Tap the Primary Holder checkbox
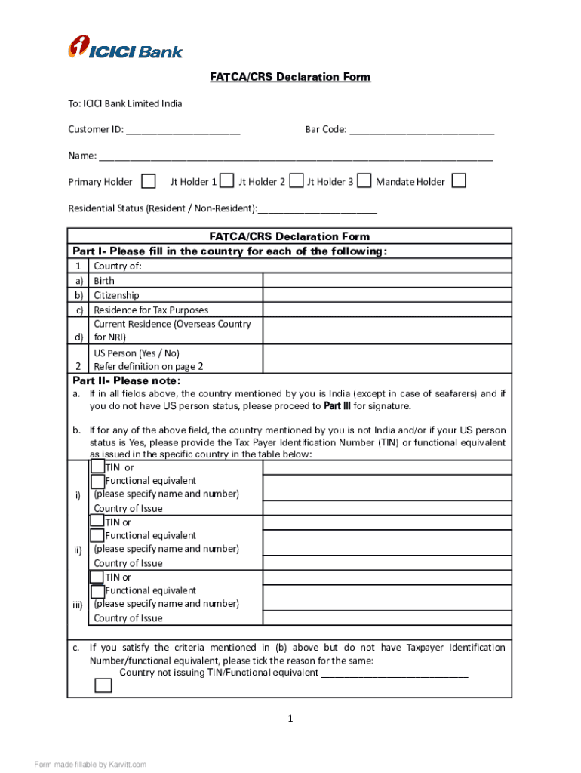[x=149, y=181]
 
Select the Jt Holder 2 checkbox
[x=297, y=181]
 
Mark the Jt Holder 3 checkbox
[x=364, y=181]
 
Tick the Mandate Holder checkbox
[x=458, y=181]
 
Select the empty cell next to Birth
[x=386, y=280]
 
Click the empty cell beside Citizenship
[x=386, y=295]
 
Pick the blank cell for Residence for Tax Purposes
[x=386, y=310]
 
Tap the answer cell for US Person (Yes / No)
[x=386, y=359]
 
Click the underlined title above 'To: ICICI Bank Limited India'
[x=290, y=77]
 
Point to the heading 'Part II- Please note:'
[x=126, y=380]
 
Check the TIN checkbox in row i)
[x=97, y=467]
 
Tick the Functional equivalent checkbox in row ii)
[x=97, y=535]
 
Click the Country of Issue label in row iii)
[x=128, y=618]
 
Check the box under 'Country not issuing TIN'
[x=103, y=685]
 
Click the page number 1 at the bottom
[x=290, y=719]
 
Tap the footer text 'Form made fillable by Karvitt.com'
[x=90, y=765]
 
